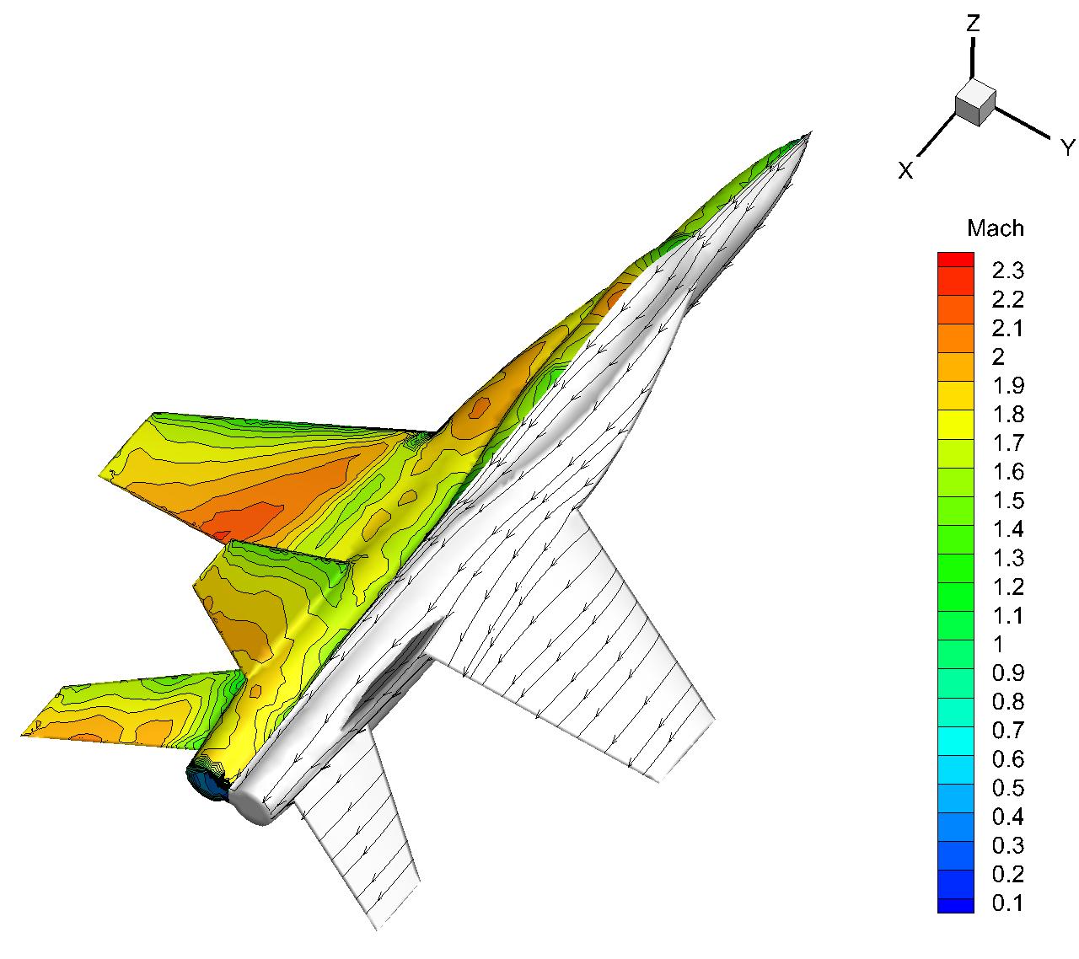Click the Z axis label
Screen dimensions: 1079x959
pos(973,24)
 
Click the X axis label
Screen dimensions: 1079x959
pos(905,170)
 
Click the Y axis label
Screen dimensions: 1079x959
pos(1067,147)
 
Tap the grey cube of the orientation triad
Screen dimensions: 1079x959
pos(975,103)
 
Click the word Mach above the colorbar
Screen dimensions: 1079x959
pos(995,228)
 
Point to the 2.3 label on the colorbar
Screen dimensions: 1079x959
pos(1007,271)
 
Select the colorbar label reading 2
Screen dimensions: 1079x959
pos(998,356)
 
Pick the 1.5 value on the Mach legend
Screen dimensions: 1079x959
pos(1008,501)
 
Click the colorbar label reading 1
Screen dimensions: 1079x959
pos(998,645)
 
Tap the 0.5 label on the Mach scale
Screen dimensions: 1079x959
pos(1007,788)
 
